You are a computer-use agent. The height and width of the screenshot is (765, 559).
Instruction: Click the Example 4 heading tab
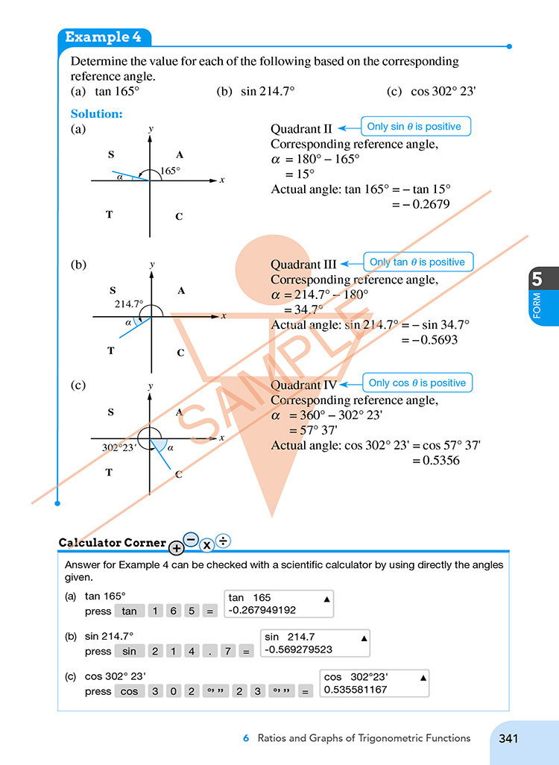click(104, 37)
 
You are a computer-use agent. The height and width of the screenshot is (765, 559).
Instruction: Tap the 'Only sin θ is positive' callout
click(414, 127)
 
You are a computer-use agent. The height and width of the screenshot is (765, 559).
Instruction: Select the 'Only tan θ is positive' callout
click(417, 262)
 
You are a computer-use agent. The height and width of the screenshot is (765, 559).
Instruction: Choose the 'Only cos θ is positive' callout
click(417, 383)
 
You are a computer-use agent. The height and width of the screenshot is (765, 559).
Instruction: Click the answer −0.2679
click(426, 204)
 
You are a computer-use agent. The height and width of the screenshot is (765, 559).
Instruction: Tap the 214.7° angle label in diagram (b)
click(128, 304)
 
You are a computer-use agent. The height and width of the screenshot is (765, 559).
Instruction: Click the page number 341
click(508, 738)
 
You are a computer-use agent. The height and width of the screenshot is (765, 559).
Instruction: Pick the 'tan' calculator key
click(130, 611)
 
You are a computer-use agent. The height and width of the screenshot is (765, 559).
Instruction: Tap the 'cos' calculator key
click(130, 691)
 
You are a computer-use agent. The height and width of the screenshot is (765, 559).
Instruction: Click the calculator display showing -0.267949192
click(279, 604)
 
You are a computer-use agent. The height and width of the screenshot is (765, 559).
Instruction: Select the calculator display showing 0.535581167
click(375, 684)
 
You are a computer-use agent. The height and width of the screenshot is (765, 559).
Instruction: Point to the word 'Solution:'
click(96, 114)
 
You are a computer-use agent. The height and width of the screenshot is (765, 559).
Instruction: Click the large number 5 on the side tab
click(537, 280)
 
